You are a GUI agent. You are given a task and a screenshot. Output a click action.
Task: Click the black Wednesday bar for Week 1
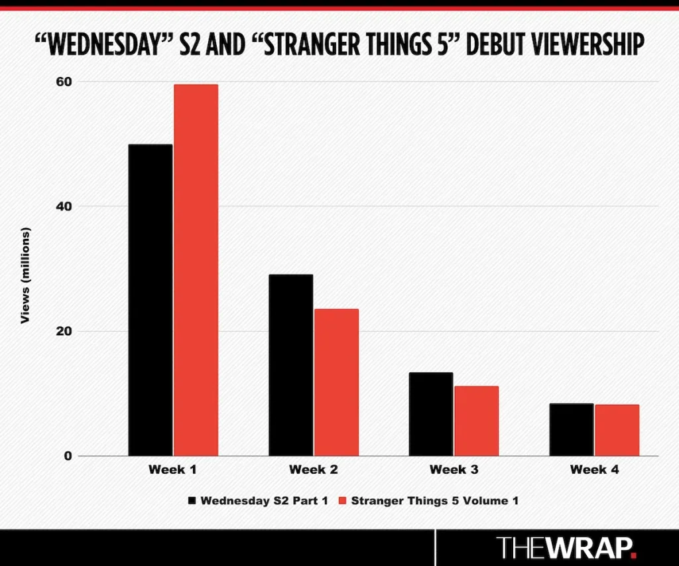pos(151,300)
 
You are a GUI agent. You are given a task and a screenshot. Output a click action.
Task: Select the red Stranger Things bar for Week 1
pos(196,270)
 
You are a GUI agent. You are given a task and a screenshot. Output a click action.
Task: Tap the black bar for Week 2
pos(290,365)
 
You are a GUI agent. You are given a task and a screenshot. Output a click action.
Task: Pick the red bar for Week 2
pos(336,382)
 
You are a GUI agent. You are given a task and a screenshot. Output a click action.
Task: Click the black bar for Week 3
pos(431,414)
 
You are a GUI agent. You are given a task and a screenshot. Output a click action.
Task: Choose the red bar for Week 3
pos(476,421)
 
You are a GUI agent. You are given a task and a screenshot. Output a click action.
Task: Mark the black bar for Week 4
pos(572,429)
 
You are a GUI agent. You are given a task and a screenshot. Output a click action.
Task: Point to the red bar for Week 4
pos(617,430)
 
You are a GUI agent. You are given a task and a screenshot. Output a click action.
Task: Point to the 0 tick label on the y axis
pos(66,456)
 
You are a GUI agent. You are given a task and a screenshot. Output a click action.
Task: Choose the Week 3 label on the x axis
pos(454,470)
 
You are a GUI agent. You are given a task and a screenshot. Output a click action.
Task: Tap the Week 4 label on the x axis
pos(594,470)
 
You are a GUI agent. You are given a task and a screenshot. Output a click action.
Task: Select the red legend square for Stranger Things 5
pos(343,500)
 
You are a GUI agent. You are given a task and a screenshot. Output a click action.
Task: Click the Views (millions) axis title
pos(26,276)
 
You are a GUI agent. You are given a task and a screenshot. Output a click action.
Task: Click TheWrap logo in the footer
pos(567,548)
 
